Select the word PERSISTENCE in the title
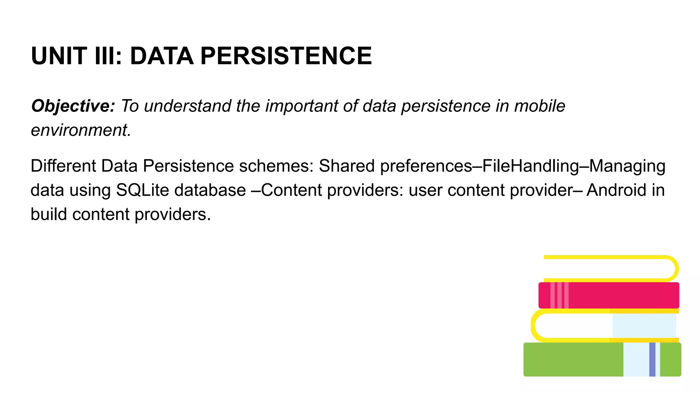(x=286, y=56)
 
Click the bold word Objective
(x=73, y=106)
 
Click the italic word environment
(x=81, y=130)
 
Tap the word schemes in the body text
(x=276, y=166)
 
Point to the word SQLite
(x=143, y=190)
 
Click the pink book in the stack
(x=622, y=295)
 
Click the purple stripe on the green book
(x=652, y=359)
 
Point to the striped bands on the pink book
(x=560, y=295)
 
